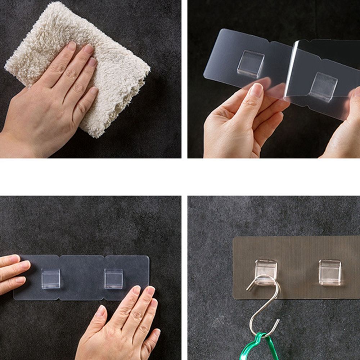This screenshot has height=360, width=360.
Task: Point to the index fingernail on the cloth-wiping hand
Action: pyautogui.click(x=72, y=46)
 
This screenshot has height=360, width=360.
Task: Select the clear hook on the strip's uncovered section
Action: pyautogui.click(x=251, y=63)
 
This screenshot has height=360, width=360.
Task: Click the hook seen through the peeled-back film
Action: pyautogui.click(x=324, y=87)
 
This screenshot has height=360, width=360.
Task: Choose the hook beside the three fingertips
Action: pyautogui.click(x=50, y=278)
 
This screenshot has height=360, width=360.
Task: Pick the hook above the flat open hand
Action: pyautogui.click(x=113, y=278)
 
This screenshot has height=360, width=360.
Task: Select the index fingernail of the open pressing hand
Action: pyautogui.click(x=136, y=289)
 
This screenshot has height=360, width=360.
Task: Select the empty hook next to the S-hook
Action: pyautogui.click(x=329, y=272)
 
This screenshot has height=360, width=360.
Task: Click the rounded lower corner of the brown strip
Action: pyautogui.click(x=235, y=297)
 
